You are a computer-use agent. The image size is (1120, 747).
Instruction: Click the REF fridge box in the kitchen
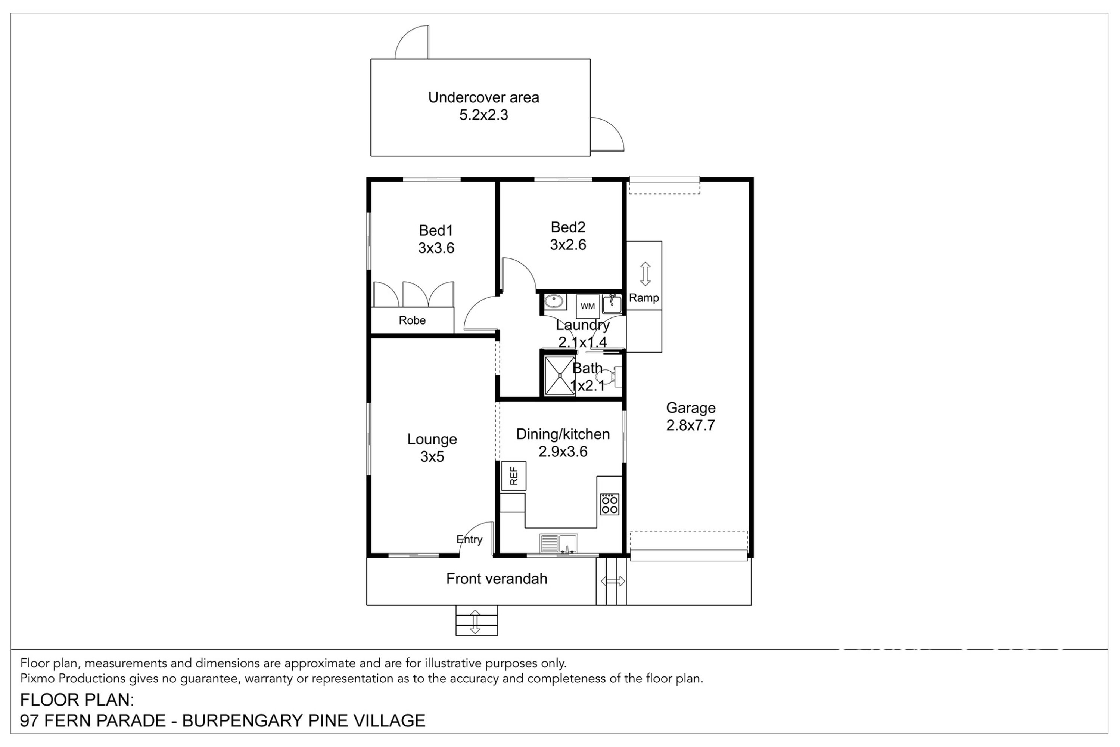(x=513, y=476)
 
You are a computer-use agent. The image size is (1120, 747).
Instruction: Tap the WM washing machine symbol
(x=588, y=306)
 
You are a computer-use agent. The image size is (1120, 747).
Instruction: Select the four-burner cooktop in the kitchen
(x=610, y=504)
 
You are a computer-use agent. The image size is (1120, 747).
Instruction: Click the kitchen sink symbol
(x=559, y=543)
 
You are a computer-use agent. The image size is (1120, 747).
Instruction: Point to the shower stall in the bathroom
(x=560, y=375)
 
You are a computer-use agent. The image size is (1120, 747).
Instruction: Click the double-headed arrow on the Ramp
(x=645, y=274)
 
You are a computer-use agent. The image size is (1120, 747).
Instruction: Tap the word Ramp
(x=644, y=298)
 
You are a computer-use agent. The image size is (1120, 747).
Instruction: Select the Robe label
(x=412, y=320)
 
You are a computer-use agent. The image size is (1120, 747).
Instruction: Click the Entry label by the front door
(x=470, y=540)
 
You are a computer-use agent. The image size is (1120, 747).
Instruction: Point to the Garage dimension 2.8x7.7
(x=690, y=425)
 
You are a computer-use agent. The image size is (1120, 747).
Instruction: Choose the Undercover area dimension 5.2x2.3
(x=484, y=115)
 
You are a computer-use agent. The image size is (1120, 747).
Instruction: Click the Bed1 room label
(x=436, y=230)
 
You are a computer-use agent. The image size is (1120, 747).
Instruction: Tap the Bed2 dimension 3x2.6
(x=568, y=245)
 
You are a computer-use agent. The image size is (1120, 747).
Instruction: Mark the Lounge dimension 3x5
(x=432, y=457)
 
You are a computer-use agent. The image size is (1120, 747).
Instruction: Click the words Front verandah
(x=497, y=579)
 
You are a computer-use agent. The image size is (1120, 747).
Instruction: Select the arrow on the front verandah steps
(x=475, y=622)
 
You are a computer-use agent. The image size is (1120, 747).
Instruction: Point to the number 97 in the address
(x=29, y=721)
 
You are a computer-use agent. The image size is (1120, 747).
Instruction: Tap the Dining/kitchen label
(x=563, y=434)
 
